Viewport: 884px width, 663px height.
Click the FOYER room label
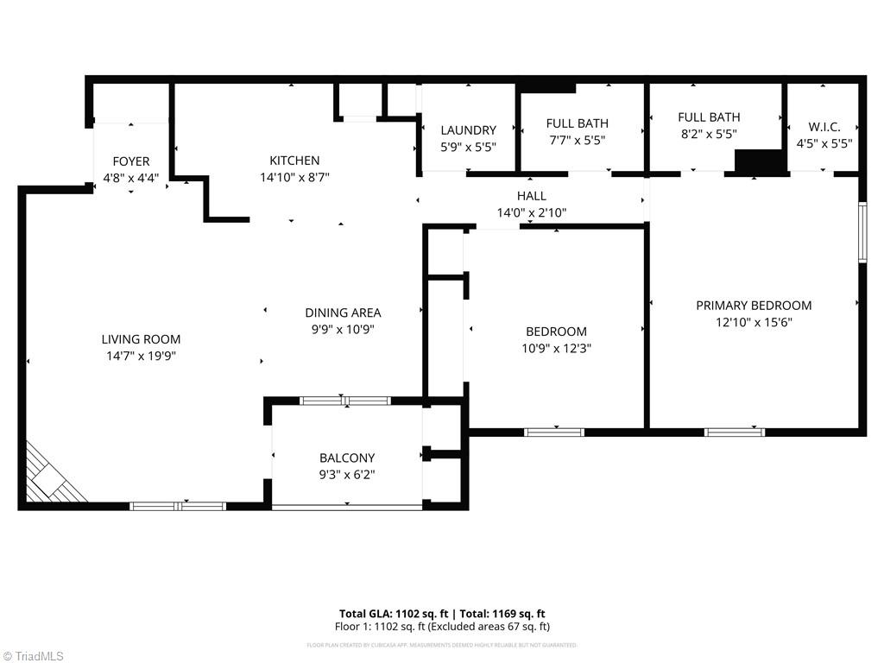pyautogui.click(x=131, y=161)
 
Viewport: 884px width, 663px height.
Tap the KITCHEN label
pyautogui.click(x=294, y=161)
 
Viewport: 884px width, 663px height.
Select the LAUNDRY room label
pyautogui.click(x=468, y=130)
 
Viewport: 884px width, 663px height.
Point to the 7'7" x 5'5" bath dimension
pyautogui.click(x=578, y=139)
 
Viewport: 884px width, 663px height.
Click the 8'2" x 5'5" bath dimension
pyautogui.click(x=708, y=134)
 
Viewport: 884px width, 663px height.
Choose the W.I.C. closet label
pyautogui.click(x=824, y=127)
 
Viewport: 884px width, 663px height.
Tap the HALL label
pyautogui.click(x=531, y=196)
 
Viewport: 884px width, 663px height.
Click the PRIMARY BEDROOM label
pyautogui.click(x=754, y=306)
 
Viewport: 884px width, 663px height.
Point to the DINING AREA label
pyautogui.click(x=343, y=313)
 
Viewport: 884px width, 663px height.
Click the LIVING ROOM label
pyautogui.click(x=141, y=339)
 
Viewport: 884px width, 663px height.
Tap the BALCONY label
pyautogui.click(x=347, y=458)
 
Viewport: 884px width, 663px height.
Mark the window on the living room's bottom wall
pyautogui.click(x=178, y=506)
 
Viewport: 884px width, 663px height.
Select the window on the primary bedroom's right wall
pyautogui.click(x=862, y=231)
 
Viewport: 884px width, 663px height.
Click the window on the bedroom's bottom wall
pyautogui.click(x=554, y=432)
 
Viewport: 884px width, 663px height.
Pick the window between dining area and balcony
pyautogui.click(x=344, y=401)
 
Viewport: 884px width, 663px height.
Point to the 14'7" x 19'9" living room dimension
pyautogui.click(x=141, y=355)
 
